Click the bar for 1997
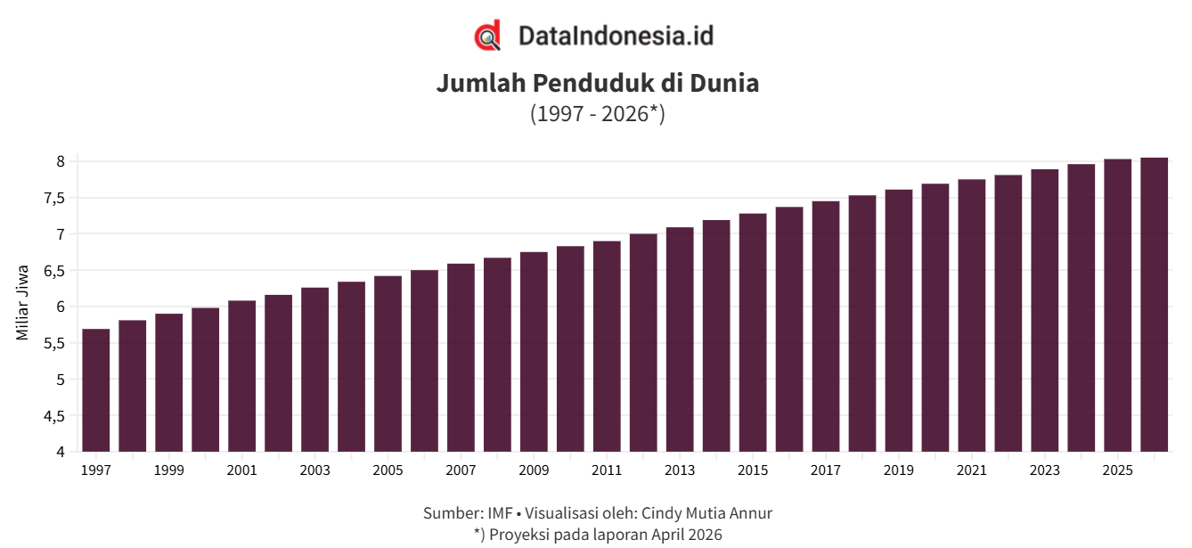click(x=96, y=390)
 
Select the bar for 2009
click(x=534, y=352)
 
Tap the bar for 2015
click(x=753, y=332)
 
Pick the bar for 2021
click(x=972, y=315)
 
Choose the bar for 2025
click(x=1117, y=306)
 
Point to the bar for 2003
click(x=315, y=370)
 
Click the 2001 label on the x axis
click(x=241, y=470)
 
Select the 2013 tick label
click(x=680, y=470)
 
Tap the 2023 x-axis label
click(x=1045, y=470)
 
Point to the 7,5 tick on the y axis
click(x=54, y=199)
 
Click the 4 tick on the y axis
click(x=61, y=453)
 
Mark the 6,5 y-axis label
click(x=54, y=272)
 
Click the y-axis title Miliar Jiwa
click(x=21, y=303)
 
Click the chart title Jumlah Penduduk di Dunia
click(x=598, y=84)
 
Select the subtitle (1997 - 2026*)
click(x=598, y=114)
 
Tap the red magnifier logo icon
click(x=488, y=36)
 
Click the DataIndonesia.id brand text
click(x=616, y=36)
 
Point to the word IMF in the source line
click(x=500, y=513)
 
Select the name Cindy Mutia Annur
click(x=706, y=513)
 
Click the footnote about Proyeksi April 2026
click(x=598, y=535)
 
